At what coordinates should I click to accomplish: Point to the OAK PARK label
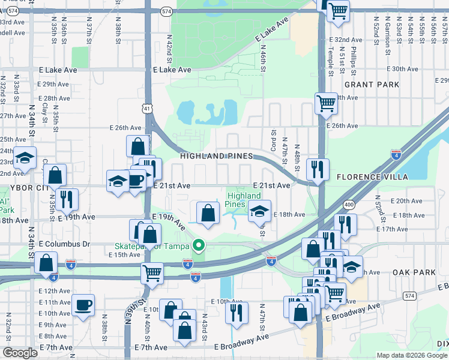pos(414,272)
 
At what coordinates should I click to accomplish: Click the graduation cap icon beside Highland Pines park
pos(260,211)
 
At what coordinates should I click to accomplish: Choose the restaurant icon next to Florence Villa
pos(317,169)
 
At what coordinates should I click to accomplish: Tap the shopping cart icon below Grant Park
pos(326,103)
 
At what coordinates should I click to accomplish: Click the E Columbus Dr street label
pos(64,244)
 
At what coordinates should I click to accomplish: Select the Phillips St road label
pos(354,59)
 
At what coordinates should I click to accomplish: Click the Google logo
pos(20,353)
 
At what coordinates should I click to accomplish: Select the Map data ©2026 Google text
pos(412,355)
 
